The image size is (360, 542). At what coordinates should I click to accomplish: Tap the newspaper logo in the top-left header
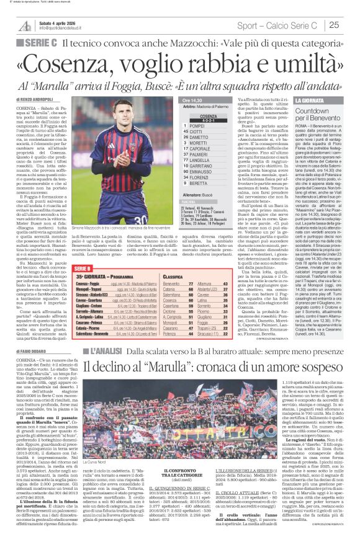click(25, 25)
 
